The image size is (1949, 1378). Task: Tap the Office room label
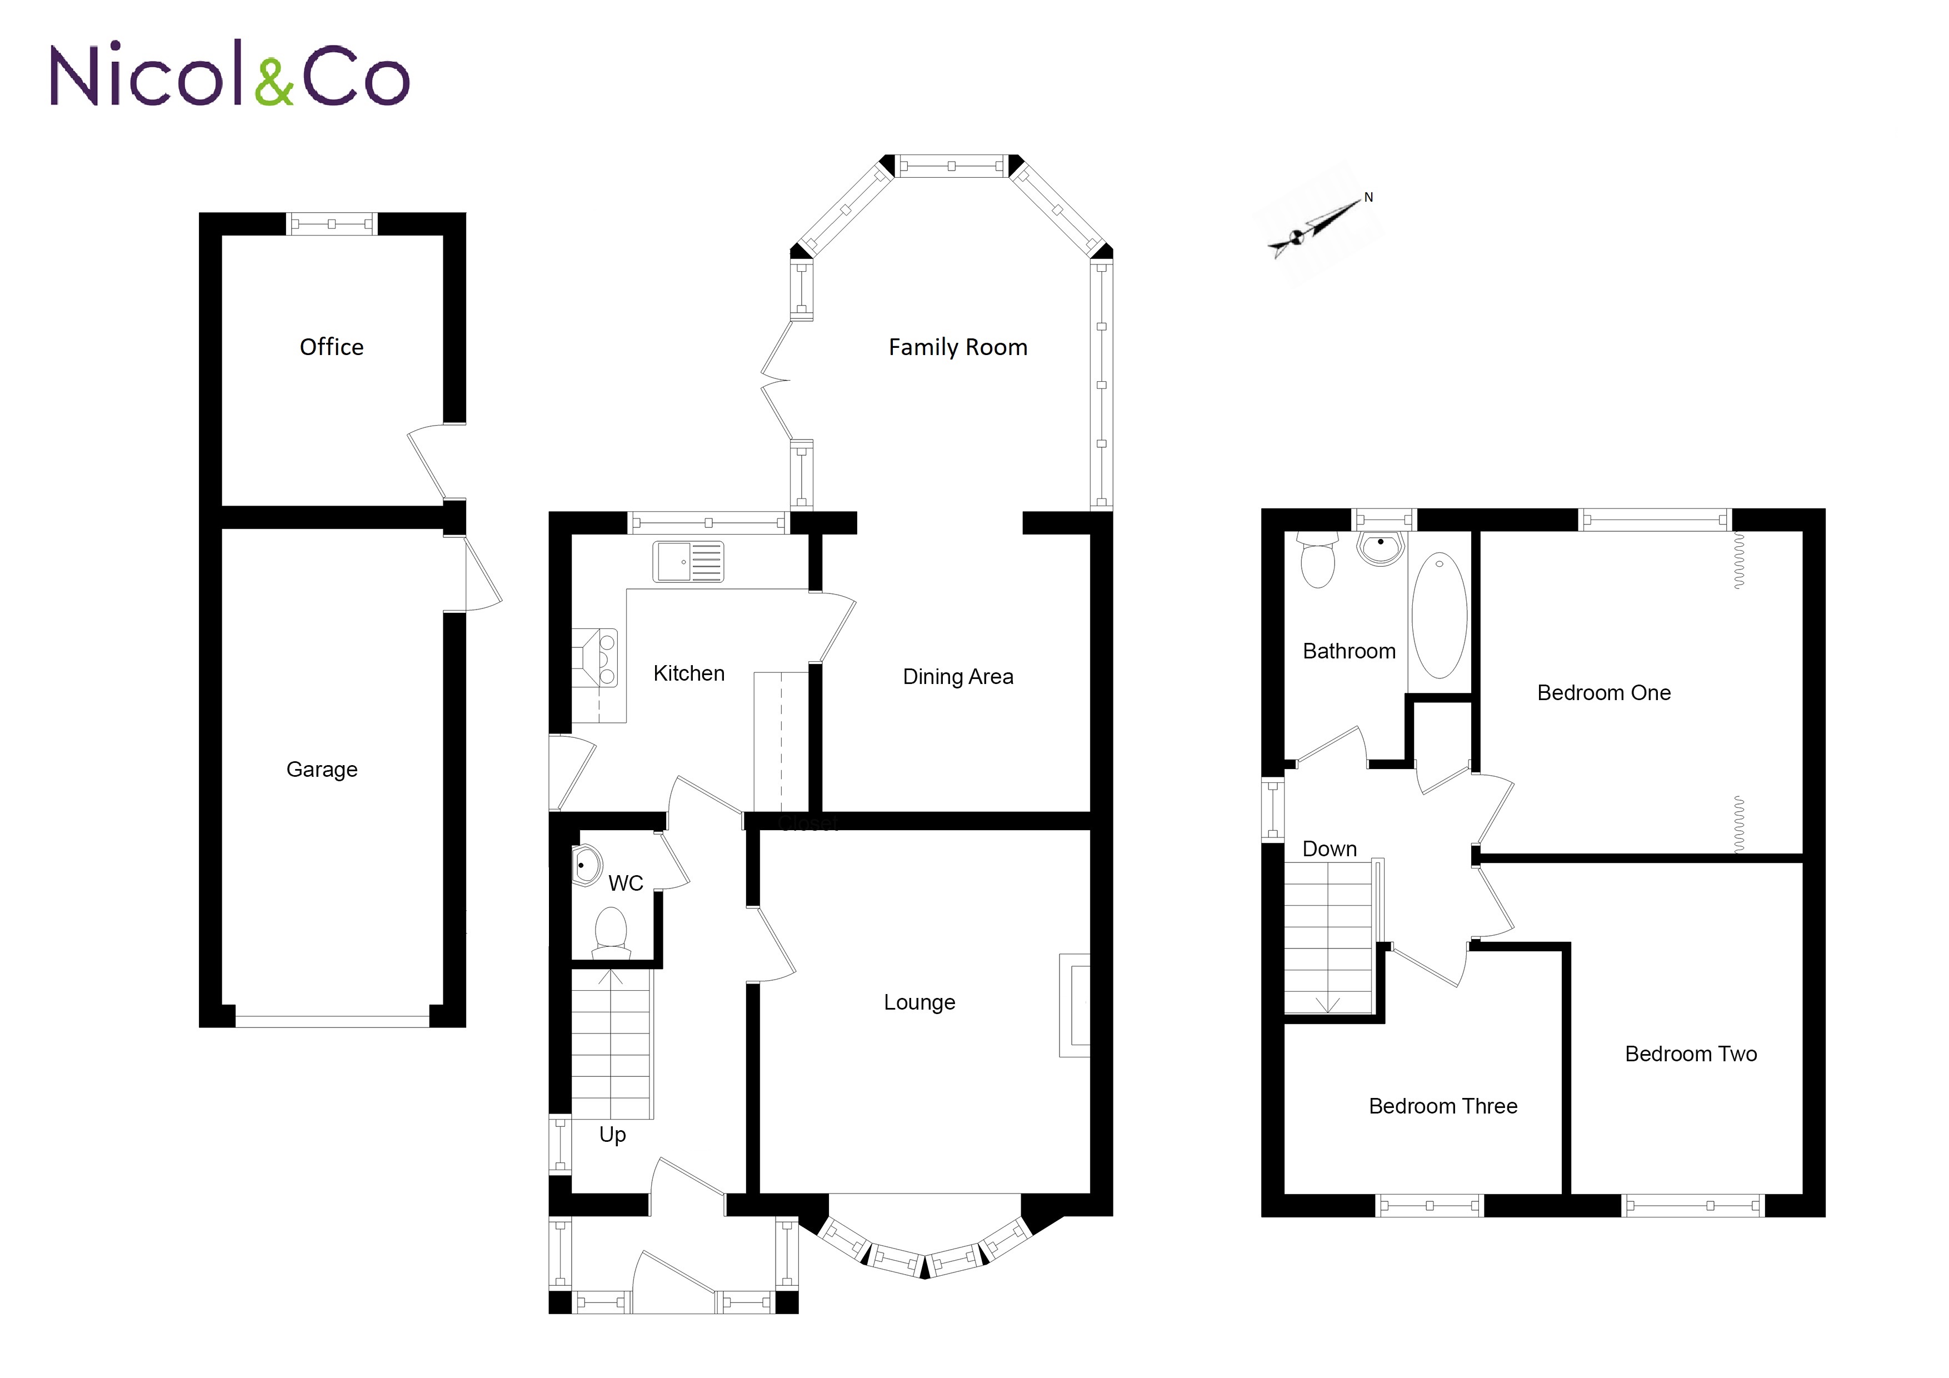tap(331, 347)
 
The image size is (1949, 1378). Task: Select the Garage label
tap(322, 769)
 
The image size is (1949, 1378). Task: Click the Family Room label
tap(957, 347)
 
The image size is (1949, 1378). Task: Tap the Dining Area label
tap(957, 677)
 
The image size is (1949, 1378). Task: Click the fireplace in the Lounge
tap(1075, 1005)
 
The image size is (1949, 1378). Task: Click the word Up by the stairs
tap(612, 1134)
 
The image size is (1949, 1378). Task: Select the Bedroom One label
tap(1603, 693)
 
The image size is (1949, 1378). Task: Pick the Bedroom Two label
tap(1690, 1054)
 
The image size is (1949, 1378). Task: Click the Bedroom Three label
tap(1443, 1106)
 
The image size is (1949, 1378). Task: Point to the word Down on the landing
tap(1330, 848)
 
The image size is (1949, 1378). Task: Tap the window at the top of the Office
tap(331, 224)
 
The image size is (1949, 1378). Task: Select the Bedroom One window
tap(1655, 520)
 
